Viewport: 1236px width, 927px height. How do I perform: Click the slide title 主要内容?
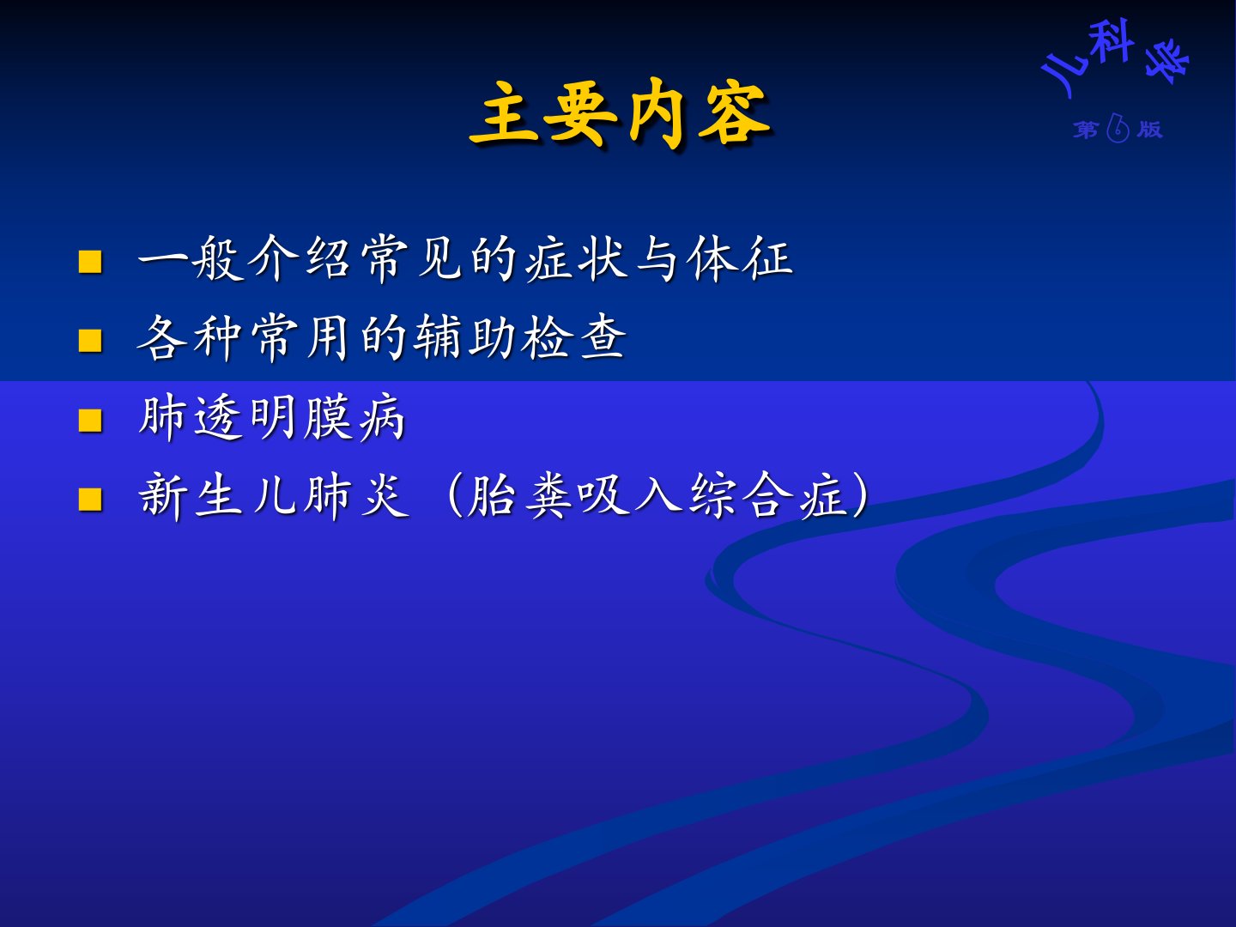point(621,115)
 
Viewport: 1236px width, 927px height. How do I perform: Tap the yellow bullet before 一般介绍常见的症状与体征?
point(90,262)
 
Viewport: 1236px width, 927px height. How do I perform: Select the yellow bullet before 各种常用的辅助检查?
point(90,341)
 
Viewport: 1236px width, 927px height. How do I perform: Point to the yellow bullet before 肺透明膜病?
point(90,421)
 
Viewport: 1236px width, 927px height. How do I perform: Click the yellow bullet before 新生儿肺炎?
point(90,500)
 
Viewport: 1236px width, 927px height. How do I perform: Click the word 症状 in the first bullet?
point(577,259)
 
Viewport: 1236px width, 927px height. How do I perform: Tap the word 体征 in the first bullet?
point(740,259)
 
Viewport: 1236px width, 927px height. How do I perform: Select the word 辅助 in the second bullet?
point(463,337)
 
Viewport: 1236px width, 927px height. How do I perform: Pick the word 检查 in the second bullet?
point(573,337)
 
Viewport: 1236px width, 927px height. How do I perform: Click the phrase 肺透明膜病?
point(271,418)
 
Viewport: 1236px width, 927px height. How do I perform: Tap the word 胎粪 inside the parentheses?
point(518,496)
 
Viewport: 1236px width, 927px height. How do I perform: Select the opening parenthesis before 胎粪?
point(454,496)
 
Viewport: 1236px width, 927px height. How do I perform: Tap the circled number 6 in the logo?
point(1118,129)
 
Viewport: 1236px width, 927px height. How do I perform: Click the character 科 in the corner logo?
point(1109,42)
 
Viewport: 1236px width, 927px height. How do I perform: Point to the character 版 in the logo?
point(1149,130)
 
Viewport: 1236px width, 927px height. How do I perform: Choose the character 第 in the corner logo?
point(1085,130)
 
